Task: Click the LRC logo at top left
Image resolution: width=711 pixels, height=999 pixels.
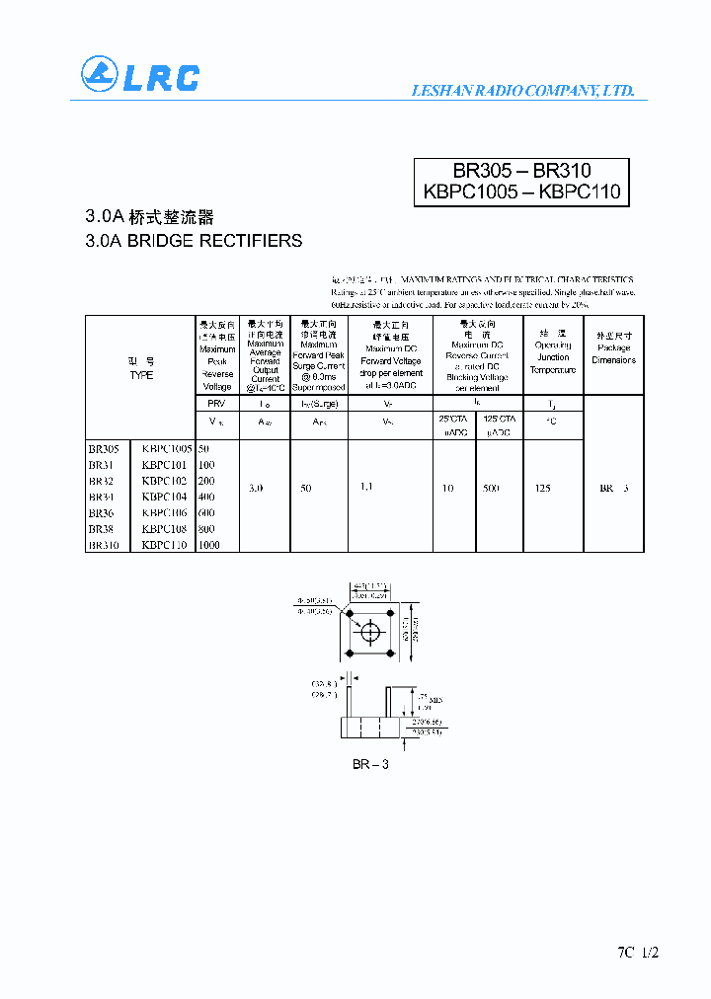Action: (139, 76)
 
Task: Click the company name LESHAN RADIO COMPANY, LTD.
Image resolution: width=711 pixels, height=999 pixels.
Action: (521, 91)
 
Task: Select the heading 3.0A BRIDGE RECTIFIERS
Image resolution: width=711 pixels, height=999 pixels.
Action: (194, 241)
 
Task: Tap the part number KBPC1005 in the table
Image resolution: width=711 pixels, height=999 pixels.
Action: (166, 448)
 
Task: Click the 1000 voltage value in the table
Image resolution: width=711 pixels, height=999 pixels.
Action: (210, 545)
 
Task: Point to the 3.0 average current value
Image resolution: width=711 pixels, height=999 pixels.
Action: (256, 489)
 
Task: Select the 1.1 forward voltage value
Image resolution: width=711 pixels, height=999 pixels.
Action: (367, 488)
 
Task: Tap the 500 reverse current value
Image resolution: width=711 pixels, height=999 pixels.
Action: (491, 489)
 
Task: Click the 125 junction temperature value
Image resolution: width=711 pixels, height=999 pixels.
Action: (542, 489)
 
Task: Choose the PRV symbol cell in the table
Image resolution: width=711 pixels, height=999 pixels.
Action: (216, 404)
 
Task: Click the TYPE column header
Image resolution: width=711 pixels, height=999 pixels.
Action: (141, 375)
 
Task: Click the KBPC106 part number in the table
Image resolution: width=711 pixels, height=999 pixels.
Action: (164, 513)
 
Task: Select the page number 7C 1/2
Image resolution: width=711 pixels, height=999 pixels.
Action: (638, 953)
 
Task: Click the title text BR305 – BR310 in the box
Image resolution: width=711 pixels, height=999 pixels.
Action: (521, 171)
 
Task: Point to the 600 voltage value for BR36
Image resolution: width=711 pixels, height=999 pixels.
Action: (207, 513)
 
